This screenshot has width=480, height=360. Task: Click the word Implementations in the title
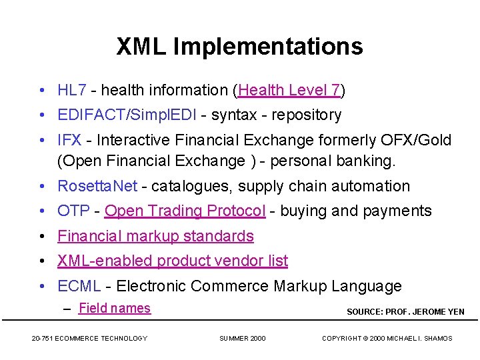pos(268,47)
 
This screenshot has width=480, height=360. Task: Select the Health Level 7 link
pos(289,90)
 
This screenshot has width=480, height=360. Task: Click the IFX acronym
pos(70,140)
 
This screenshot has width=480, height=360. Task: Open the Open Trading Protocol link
pos(185,211)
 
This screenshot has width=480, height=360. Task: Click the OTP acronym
pos(73,211)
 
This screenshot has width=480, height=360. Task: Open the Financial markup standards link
pos(155,236)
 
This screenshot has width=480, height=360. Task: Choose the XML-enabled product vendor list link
pos(173,261)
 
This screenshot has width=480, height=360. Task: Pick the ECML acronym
pos(79,286)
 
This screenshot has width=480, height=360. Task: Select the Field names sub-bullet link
pos(115,308)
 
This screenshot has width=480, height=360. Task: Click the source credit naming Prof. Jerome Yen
pos(405,311)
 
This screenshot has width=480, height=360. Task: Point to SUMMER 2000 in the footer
pos(242,339)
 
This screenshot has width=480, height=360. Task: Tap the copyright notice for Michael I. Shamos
pos(387,339)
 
